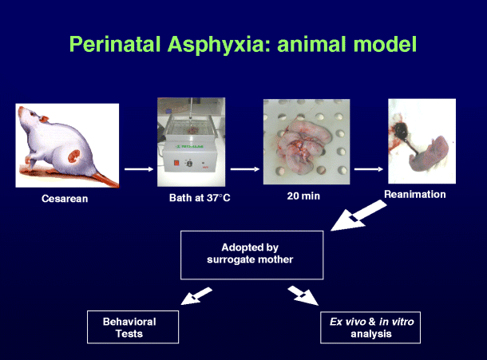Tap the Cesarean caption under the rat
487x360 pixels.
pos(65,199)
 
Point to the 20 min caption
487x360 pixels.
pos(304,196)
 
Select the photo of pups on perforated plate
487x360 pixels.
pos(305,141)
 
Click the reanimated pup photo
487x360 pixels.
pos(421,141)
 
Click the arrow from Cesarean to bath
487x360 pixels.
pos(139,168)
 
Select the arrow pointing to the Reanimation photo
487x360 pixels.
pos(367,168)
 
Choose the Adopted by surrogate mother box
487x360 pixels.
pos(252,253)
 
